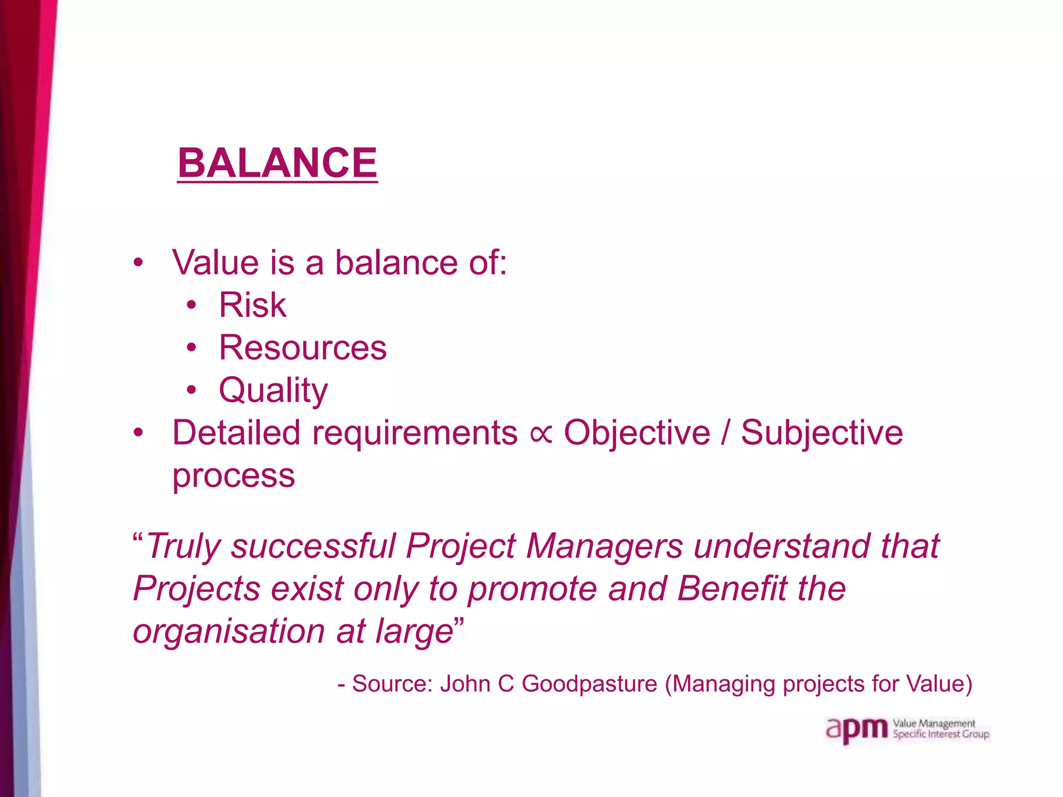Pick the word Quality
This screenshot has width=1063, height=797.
pyautogui.click(x=273, y=390)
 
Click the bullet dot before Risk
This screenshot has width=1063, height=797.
pyautogui.click(x=192, y=305)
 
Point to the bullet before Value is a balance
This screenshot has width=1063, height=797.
pyautogui.click(x=138, y=263)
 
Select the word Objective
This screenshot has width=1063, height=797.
pyautogui.click(x=637, y=433)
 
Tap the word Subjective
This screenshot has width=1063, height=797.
pyautogui.click(x=822, y=433)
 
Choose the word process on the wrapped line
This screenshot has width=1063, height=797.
pyautogui.click(x=234, y=476)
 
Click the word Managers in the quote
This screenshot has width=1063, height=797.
pyautogui.click(x=604, y=546)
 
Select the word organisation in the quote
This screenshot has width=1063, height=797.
pyautogui.click(x=229, y=631)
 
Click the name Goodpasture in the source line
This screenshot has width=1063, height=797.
pyautogui.click(x=589, y=684)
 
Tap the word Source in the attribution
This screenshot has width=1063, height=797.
pyautogui.click(x=392, y=684)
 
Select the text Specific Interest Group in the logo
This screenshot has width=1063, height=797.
pyautogui.click(x=941, y=735)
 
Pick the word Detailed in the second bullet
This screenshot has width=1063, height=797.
pyautogui.click(x=236, y=433)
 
